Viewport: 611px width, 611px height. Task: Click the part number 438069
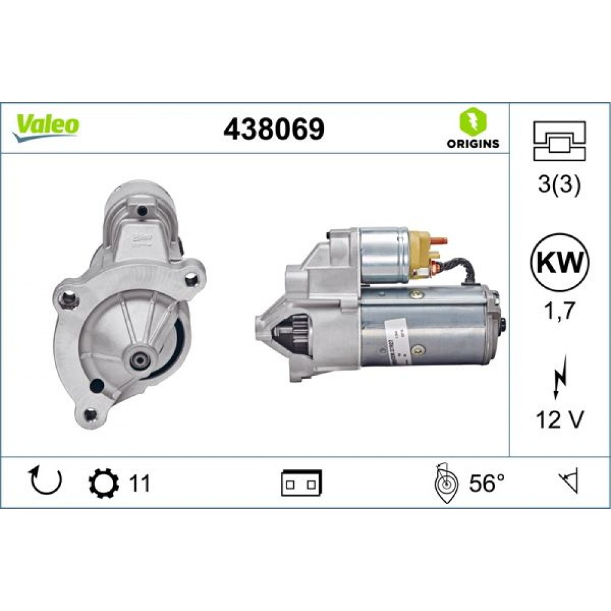274,128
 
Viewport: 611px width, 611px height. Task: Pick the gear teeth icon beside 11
100,483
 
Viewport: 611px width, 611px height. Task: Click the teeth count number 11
139,483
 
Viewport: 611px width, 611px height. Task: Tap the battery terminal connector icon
302,483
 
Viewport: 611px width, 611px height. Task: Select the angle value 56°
487,483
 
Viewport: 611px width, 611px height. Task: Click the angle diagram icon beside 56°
445,485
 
